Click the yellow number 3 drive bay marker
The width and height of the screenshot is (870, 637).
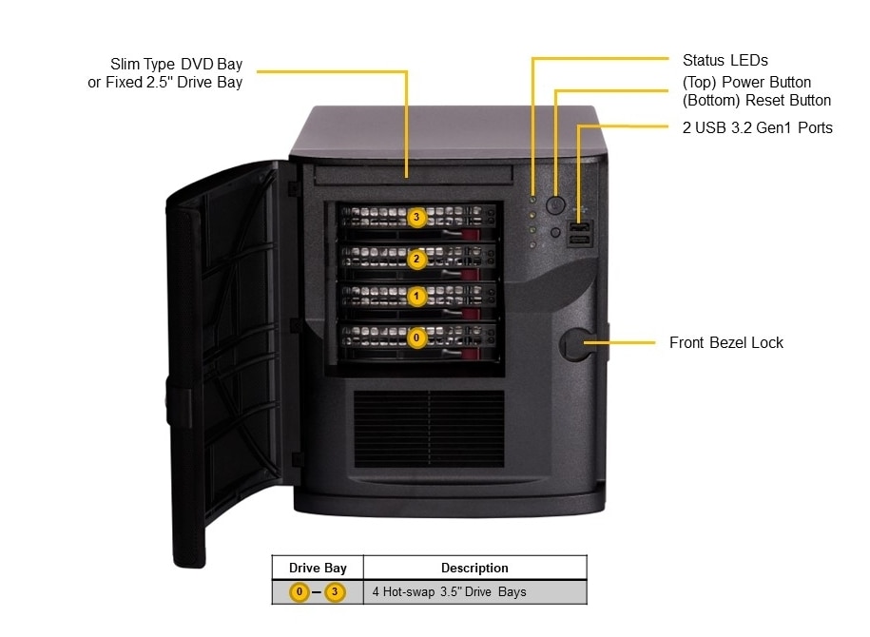416,218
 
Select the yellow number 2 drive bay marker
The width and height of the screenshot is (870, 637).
416,258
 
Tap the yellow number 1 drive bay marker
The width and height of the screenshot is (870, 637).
416,297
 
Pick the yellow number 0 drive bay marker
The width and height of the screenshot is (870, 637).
416,337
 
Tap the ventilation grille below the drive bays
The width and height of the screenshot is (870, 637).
429,428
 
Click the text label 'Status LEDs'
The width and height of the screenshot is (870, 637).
725,61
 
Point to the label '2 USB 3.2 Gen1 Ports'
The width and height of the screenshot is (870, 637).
757,127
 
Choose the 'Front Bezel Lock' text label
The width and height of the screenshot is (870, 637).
726,342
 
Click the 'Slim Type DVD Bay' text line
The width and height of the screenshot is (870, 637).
176,65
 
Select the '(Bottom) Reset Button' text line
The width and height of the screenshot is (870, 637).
757,101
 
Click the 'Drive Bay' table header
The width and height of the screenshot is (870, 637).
318,568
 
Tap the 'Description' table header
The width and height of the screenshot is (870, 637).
474,568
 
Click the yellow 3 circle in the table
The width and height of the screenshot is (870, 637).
335,592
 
